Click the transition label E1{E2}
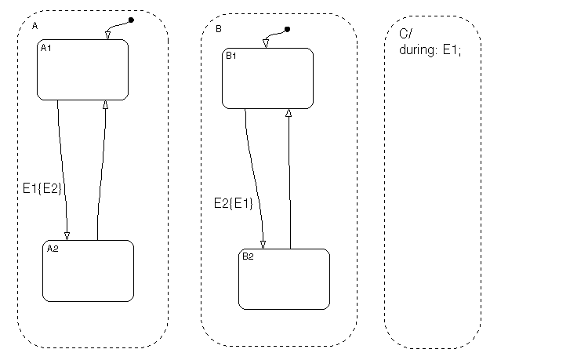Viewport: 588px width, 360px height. [42, 188]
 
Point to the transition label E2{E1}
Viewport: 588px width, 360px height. [234, 203]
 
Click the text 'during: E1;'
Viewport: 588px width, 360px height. [430, 50]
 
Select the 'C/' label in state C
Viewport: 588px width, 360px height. [405, 34]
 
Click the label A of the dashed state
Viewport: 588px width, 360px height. [34, 26]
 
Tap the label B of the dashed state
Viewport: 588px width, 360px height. [219, 29]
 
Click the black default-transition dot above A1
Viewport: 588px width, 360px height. [131, 20]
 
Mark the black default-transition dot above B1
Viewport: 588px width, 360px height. [287, 29]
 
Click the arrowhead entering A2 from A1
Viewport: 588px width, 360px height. [67, 236]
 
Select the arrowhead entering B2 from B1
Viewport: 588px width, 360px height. [263, 245]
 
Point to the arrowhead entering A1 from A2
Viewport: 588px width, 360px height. [105, 104]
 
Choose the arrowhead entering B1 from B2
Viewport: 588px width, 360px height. [289, 113]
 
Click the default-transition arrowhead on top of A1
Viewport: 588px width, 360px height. [108, 35]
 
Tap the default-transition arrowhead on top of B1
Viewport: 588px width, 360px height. [266, 44]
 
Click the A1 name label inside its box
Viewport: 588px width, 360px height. [45, 48]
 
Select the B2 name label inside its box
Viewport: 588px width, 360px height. [248, 256]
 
